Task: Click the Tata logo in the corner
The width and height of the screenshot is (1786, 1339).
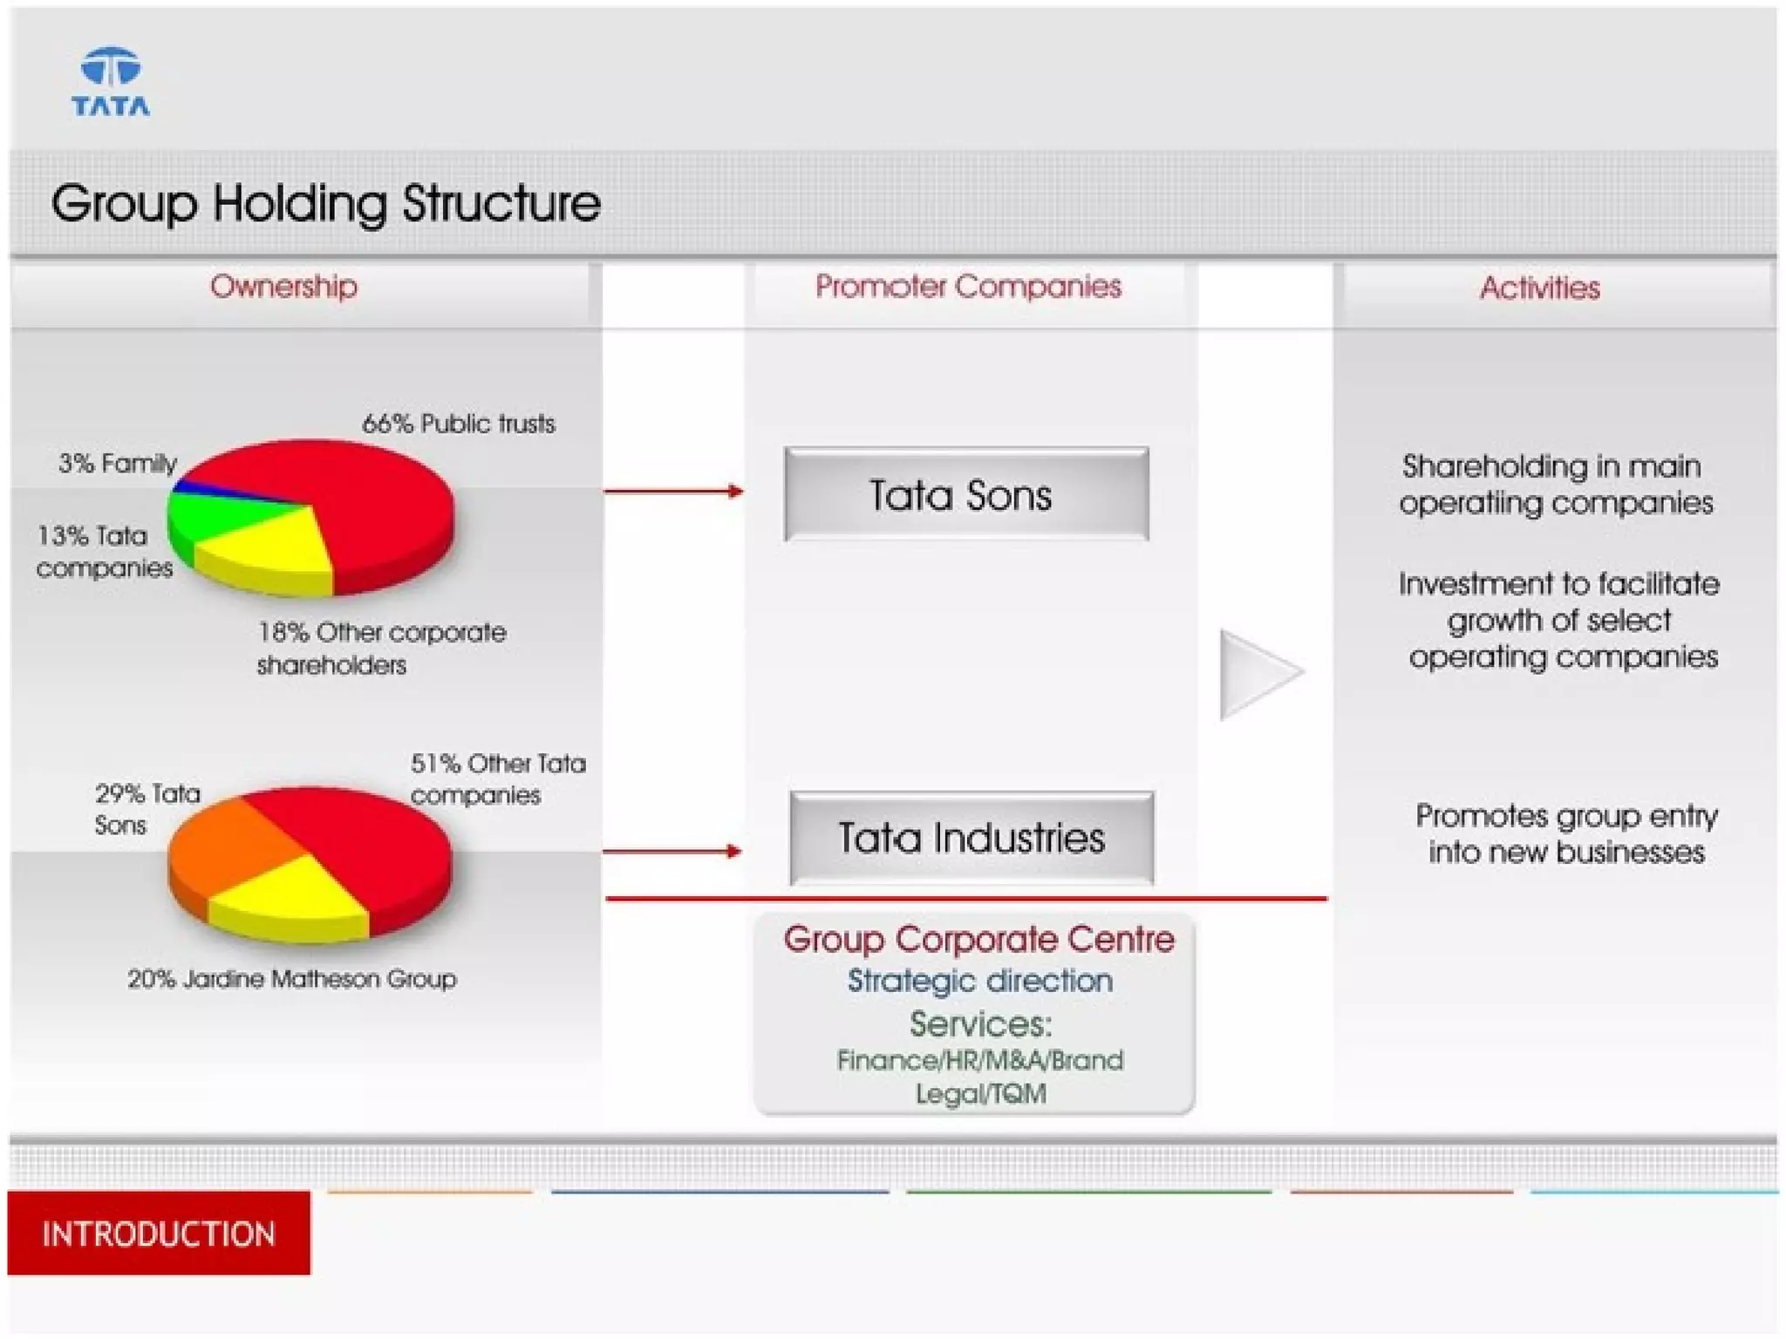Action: click(x=111, y=82)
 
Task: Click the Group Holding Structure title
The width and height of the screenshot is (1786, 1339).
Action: click(x=325, y=203)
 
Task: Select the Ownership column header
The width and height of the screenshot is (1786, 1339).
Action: click(x=283, y=286)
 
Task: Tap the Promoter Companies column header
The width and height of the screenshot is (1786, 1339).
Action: click(x=968, y=286)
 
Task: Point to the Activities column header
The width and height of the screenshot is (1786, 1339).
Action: click(x=1539, y=288)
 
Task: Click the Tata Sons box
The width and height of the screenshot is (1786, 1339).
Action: click(x=965, y=494)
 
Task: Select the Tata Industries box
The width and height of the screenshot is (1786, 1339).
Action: click(x=971, y=838)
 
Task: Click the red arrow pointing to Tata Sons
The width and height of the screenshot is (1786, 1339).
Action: click(x=672, y=492)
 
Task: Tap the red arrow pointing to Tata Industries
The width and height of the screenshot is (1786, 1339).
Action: click(x=671, y=851)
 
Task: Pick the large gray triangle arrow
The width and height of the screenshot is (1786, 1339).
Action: click(x=1256, y=674)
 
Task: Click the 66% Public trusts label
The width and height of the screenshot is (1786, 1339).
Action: click(x=458, y=424)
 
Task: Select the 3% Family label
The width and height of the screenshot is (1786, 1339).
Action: click(x=118, y=463)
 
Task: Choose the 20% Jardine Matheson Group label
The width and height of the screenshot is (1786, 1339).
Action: click(x=292, y=979)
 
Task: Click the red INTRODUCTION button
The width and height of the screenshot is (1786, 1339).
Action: click(x=159, y=1234)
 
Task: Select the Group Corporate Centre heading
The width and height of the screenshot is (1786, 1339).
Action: click(x=978, y=940)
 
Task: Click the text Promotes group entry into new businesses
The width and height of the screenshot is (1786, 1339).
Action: click(x=1566, y=833)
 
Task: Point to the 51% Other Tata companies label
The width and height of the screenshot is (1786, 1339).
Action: click(x=497, y=778)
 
